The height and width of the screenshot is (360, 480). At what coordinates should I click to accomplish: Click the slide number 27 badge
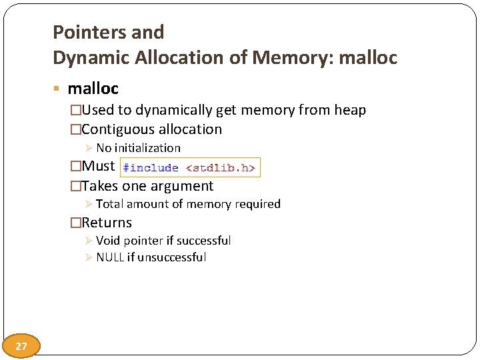tap(21, 346)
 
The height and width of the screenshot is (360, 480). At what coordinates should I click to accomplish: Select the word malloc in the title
tap(368, 58)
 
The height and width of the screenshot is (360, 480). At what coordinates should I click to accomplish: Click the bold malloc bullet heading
tap(93, 88)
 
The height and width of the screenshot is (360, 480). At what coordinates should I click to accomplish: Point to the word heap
tap(350, 110)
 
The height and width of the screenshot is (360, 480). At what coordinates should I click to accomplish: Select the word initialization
tap(147, 148)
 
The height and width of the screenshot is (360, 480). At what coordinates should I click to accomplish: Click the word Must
tap(98, 166)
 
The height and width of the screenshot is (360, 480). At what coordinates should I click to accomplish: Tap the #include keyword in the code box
tap(151, 168)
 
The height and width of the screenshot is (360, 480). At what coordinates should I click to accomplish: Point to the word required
tap(256, 204)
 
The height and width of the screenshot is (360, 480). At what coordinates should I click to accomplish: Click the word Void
tap(109, 241)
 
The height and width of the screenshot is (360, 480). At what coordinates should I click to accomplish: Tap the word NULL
tap(110, 257)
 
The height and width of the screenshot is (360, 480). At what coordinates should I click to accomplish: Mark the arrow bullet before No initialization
tap(90, 148)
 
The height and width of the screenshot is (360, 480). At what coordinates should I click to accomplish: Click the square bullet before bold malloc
tap(59, 89)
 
